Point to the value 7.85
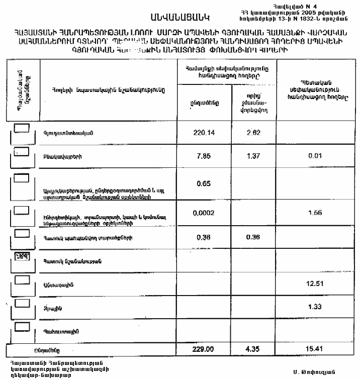point(204,156)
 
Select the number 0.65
point(204,183)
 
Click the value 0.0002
point(204,213)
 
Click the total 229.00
point(204,349)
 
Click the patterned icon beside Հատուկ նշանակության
point(22,257)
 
